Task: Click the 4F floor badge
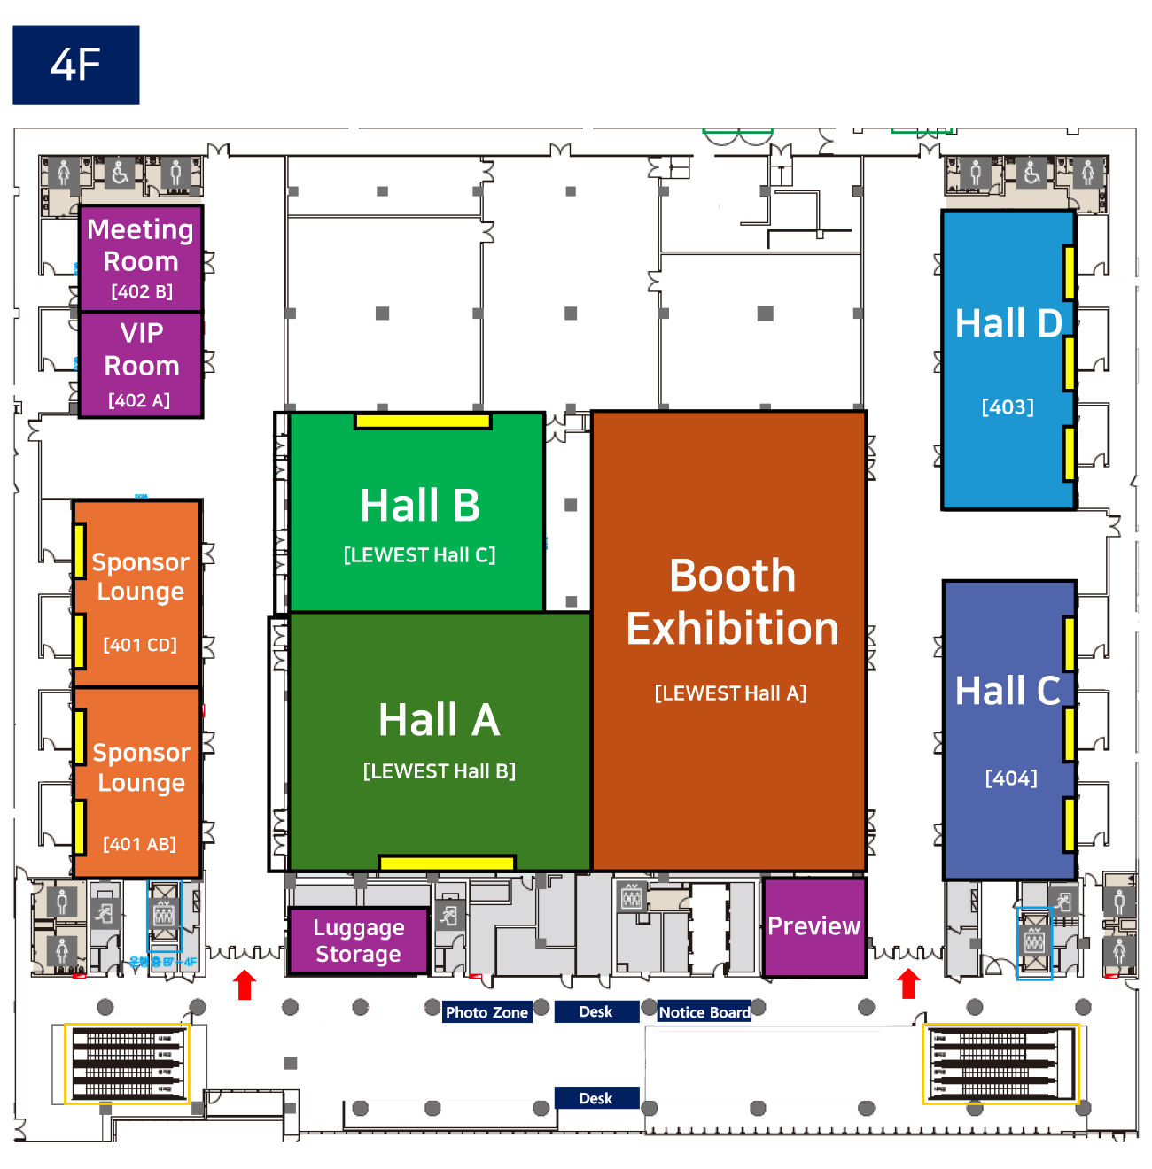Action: [75, 65]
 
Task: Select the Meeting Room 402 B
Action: [141, 258]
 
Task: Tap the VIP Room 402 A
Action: [141, 364]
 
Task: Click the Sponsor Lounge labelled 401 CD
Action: [138, 593]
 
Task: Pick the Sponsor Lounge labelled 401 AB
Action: [138, 783]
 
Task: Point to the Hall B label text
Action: [419, 506]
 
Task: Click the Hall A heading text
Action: [439, 719]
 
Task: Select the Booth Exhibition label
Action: [732, 602]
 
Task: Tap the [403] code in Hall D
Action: [1008, 407]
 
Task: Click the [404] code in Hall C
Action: [1011, 778]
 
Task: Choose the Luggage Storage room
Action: [358, 941]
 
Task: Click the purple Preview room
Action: [813, 926]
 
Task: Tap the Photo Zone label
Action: [486, 1012]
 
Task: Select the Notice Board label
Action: [704, 1012]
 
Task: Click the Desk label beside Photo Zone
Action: [595, 1011]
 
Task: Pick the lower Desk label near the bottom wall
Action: [595, 1098]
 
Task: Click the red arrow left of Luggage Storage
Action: [245, 985]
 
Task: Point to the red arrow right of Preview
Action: [908, 983]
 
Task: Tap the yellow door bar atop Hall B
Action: [423, 422]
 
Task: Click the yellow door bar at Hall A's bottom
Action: [447, 863]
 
